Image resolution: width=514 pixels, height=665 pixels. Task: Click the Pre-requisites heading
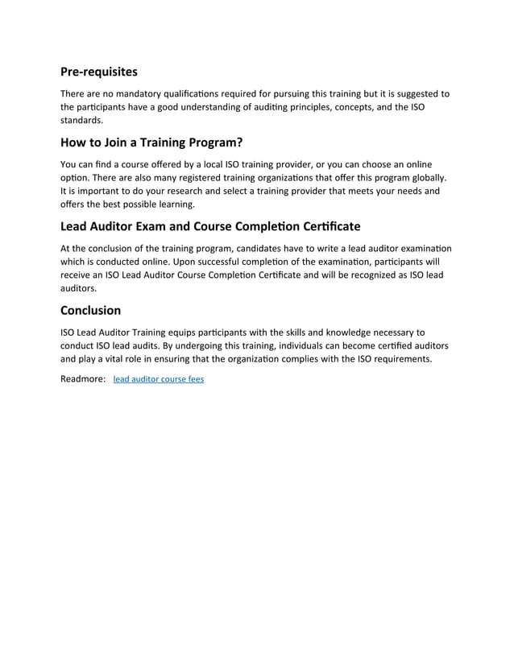tap(98, 72)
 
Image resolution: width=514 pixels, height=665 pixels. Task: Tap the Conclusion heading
tap(90, 310)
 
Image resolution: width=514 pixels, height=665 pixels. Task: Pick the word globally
tap(426, 177)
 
